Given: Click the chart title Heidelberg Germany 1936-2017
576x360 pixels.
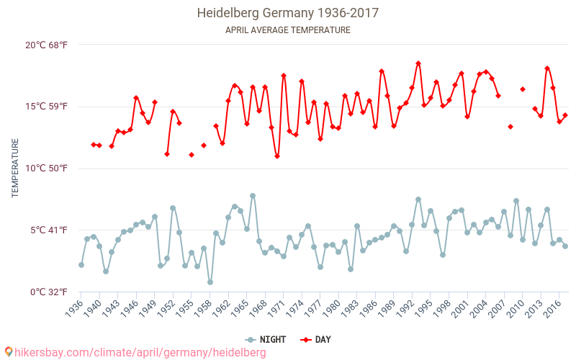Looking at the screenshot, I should coord(288,13).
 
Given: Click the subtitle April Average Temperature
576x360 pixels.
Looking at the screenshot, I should coord(288,30).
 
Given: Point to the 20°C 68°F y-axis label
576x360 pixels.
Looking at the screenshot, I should coord(46,45).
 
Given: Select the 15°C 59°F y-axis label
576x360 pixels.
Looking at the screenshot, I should coord(46,107).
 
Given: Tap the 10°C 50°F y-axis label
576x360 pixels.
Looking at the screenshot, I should coord(46,168).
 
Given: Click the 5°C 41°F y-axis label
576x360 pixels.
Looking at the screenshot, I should coord(49,230).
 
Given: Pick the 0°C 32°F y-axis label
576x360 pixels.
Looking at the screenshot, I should coord(49,292).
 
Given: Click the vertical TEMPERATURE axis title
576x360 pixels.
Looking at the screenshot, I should coord(15,168).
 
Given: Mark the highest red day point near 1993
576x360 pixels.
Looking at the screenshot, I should coord(418,63).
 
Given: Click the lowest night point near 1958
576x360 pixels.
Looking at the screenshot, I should coord(210,282).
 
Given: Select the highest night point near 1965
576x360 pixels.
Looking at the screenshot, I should coord(253,196).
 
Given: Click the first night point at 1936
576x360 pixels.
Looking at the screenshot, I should coord(81,265).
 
